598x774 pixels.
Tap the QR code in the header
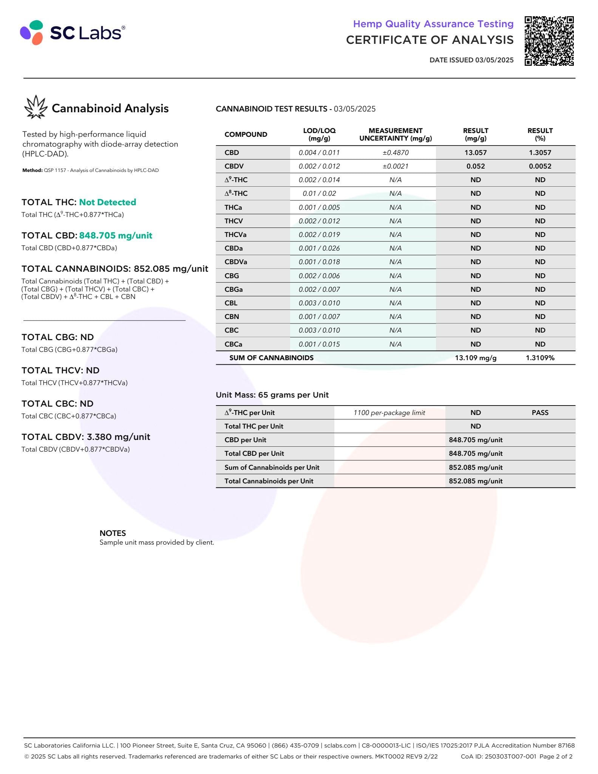[x=549, y=41]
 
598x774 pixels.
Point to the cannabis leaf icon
[x=36, y=107]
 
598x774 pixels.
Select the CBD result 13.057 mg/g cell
[x=475, y=153]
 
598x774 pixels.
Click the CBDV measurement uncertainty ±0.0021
[x=395, y=166]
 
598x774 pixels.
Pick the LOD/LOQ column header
[x=319, y=134]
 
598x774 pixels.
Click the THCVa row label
[x=235, y=235]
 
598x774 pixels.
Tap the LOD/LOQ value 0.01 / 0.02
[x=319, y=193]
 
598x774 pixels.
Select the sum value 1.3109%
[x=540, y=358]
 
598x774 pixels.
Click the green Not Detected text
[x=107, y=202]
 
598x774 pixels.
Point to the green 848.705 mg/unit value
[x=116, y=235]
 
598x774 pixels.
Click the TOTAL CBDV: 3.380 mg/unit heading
[x=86, y=437]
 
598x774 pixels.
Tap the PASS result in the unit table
[x=540, y=413]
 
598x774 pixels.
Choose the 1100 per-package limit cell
[x=389, y=413]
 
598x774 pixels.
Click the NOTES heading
[x=113, y=533]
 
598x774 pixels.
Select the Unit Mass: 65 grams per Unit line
[x=272, y=395]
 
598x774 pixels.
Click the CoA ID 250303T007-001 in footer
[x=498, y=756]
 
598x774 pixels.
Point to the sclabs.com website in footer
[x=340, y=745]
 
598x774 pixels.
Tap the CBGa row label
[x=233, y=289]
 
